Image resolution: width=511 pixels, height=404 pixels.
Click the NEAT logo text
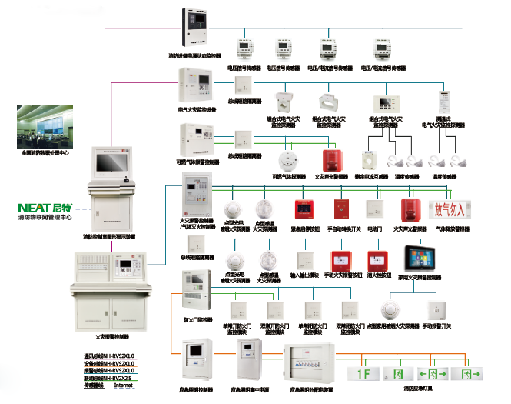[34, 208]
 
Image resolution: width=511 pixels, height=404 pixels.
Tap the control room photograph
[45, 127]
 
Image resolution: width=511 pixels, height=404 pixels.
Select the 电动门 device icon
[374, 209]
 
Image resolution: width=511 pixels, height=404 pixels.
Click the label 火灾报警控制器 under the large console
[112, 337]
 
